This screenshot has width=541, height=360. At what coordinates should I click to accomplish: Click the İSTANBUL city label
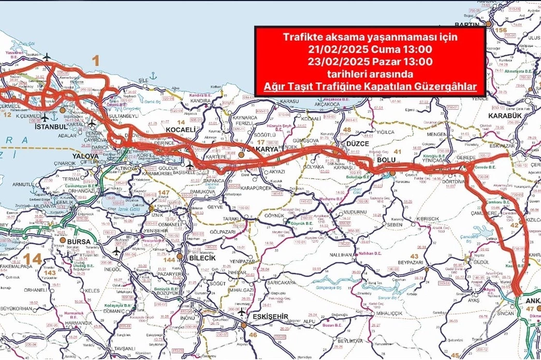(51, 126)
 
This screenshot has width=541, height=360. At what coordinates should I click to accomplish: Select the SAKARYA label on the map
(265, 149)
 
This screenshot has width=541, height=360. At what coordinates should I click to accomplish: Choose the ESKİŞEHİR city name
(268, 317)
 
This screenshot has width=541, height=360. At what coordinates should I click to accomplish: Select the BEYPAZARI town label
(411, 263)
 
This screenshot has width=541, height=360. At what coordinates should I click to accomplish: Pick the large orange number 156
(501, 31)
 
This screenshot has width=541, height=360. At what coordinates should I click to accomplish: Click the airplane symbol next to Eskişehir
(242, 312)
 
